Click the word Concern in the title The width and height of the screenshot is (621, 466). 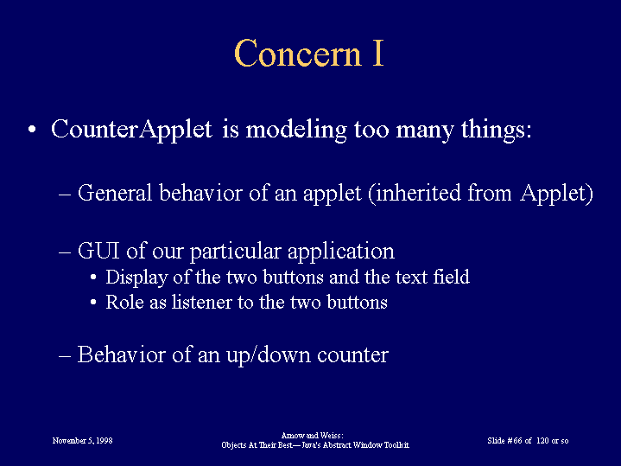click(x=298, y=53)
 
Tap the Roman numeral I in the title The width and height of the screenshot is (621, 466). click(x=377, y=53)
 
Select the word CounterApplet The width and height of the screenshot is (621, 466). click(x=131, y=130)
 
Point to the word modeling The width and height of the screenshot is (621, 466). click(x=296, y=130)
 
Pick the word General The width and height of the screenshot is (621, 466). click(x=115, y=193)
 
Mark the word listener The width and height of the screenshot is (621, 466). click(x=201, y=302)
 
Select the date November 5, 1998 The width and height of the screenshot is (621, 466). click(x=82, y=441)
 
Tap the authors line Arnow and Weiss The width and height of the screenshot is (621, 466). click(x=312, y=436)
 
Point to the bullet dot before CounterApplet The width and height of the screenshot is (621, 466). click(x=32, y=130)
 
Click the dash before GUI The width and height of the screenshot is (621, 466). click(x=65, y=252)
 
